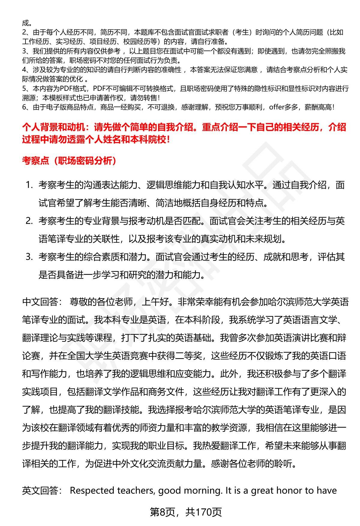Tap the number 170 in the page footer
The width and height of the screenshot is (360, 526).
204,512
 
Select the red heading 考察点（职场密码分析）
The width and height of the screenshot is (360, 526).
69,161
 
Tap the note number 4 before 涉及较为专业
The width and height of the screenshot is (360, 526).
25,70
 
